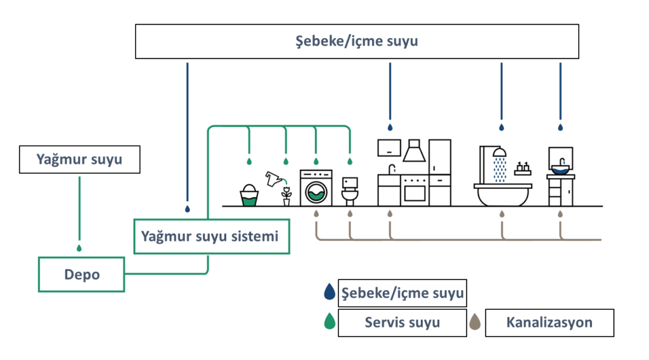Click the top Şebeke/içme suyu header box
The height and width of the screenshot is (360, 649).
(357, 41)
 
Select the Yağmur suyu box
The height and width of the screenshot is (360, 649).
(79, 160)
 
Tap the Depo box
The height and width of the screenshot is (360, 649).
(82, 274)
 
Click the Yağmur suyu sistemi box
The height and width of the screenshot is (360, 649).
(211, 236)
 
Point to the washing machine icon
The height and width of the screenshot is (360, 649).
(316, 188)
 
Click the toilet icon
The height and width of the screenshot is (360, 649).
(350, 191)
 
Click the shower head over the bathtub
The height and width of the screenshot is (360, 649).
(499, 152)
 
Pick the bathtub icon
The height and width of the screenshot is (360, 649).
(503, 194)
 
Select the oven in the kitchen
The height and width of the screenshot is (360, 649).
(414, 189)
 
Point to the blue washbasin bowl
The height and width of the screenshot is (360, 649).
(560, 169)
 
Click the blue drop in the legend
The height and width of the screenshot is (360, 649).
(330, 293)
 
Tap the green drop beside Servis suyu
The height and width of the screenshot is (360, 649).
(330, 322)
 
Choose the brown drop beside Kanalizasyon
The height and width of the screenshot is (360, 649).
(475, 323)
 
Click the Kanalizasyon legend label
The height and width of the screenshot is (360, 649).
(549, 323)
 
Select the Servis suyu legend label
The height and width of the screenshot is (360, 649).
(402, 323)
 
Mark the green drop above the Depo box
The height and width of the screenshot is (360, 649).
(79, 248)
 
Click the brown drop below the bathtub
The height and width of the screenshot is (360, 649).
(502, 214)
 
